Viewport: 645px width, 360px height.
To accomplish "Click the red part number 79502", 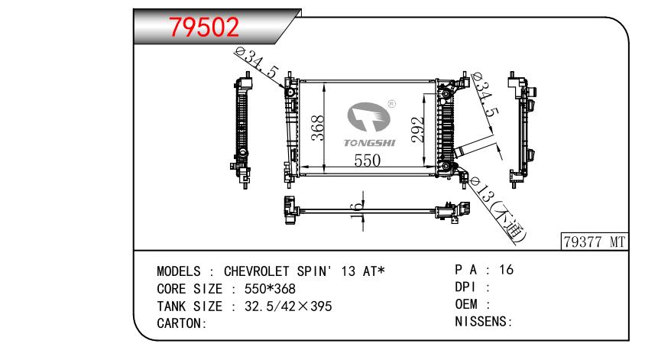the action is click(204, 28).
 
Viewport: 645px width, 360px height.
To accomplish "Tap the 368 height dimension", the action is click(318, 128).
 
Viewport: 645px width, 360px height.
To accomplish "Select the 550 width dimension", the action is click(368, 161).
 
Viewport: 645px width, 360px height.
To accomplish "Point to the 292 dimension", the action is click(417, 130).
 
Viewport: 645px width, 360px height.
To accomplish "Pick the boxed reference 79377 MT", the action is click(595, 242).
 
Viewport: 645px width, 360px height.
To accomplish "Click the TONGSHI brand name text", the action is click(369, 143).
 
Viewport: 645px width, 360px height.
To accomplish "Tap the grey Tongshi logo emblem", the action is click(368, 117).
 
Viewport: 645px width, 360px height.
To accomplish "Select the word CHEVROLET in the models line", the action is click(256, 271).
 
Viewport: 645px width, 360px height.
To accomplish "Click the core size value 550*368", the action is click(270, 289).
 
